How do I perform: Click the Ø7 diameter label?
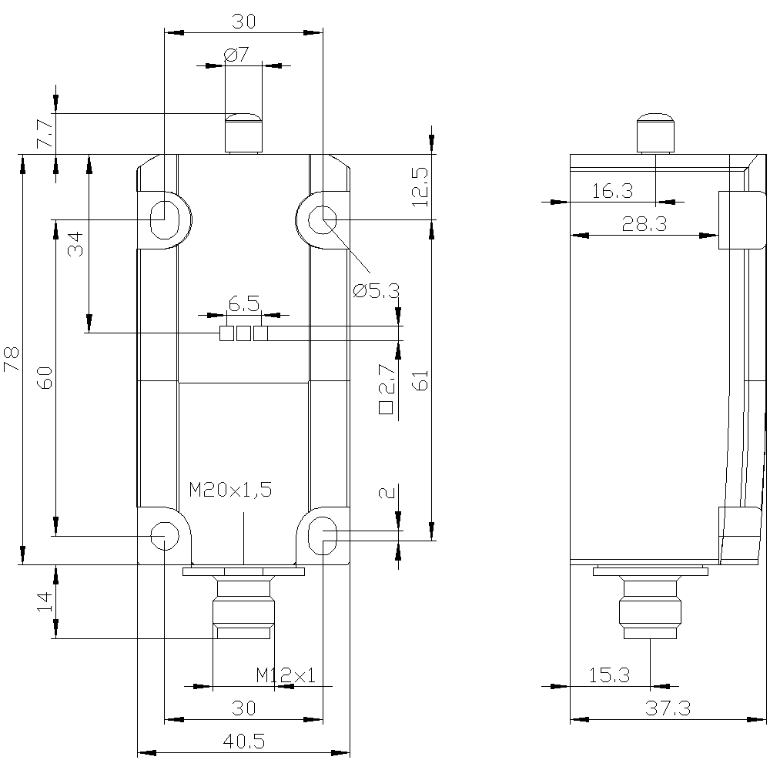tap(236, 55)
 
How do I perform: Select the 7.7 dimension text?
tap(45, 134)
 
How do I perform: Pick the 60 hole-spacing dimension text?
tap(45, 379)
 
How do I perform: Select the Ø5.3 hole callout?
tap(377, 291)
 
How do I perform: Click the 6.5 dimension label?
tap(244, 304)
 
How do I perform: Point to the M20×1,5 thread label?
tap(230, 490)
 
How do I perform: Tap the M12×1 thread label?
tap(286, 676)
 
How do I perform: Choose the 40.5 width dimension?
tap(244, 742)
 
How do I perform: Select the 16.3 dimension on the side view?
tap(613, 191)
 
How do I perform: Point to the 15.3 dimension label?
tap(610, 675)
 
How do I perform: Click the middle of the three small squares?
tap(243, 333)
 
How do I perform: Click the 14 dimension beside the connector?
tap(44, 601)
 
